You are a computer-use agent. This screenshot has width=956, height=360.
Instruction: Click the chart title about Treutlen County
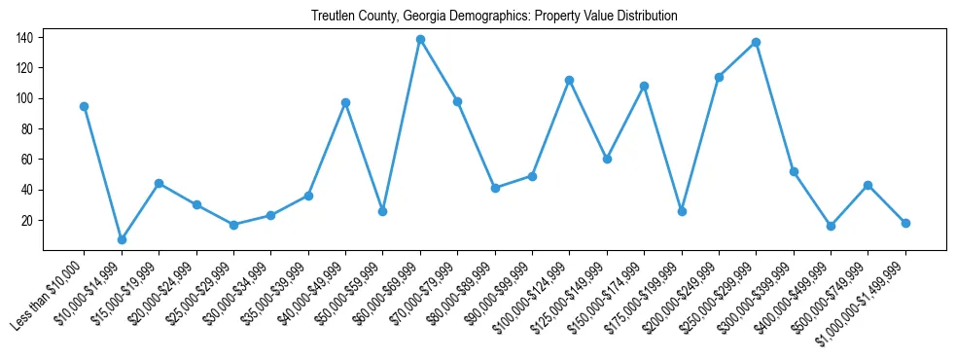click(494, 17)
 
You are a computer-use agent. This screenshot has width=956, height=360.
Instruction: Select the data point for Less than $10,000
click(84, 106)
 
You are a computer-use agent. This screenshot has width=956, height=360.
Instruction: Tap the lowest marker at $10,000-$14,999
click(122, 239)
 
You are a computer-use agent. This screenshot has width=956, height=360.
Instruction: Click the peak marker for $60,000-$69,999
click(420, 39)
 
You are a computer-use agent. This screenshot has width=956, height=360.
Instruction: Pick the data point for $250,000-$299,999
click(756, 43)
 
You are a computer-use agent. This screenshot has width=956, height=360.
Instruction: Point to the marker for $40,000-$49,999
click(345, 102)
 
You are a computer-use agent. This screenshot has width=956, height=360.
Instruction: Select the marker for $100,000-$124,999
click(569, 80)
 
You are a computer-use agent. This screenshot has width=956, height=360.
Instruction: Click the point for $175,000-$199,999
click(682, 211)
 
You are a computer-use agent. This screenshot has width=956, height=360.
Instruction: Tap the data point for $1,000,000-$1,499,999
click(905, 223)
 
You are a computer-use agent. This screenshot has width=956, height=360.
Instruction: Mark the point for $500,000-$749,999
click(867, 185)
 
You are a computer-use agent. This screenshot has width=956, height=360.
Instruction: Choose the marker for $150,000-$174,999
click(644, 86)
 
